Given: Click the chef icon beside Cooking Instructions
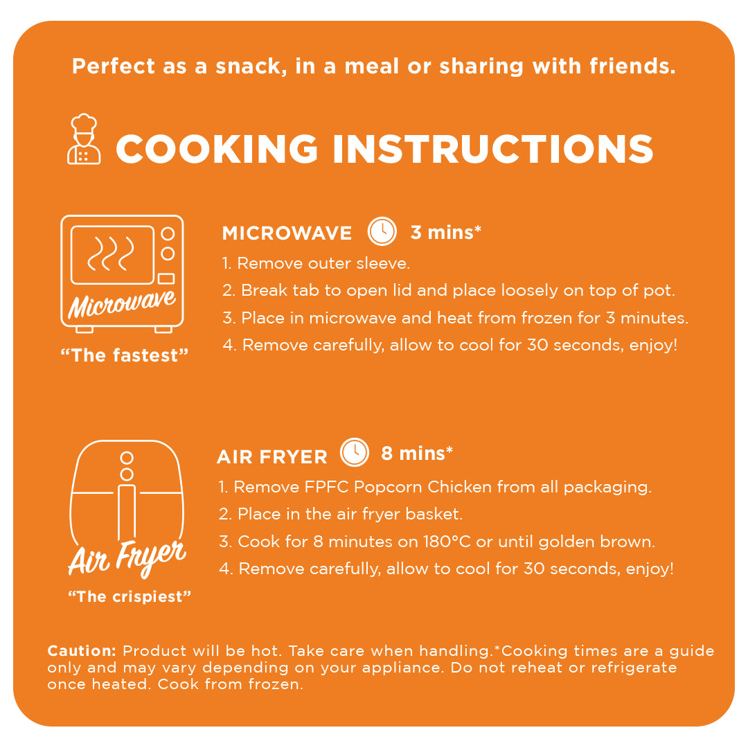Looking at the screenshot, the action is tap(84, 139).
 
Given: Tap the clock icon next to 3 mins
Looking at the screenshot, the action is tap(382, 231).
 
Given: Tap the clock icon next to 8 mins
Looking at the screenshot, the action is tap(355, 452).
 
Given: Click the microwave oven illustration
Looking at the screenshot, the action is tap(122, 274).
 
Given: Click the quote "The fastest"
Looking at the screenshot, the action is tap(125, 355).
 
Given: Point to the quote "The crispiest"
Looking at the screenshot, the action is tap(130, 596).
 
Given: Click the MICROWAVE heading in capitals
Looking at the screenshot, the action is tap(287, 233).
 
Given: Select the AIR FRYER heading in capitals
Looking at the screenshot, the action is tap(272, 457).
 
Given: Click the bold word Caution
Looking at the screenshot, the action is tap(82, 650).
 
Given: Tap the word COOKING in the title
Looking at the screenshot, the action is tap(217, 149).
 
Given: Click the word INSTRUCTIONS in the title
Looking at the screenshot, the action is tap(493, 149).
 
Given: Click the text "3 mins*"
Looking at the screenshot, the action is tap(445, 232).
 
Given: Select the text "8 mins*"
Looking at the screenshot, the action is tap(416, 453).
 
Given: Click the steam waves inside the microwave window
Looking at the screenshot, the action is tap(111, 253).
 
